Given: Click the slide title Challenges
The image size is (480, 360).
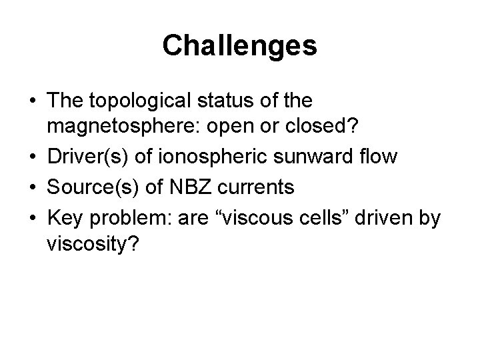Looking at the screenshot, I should (239, 45).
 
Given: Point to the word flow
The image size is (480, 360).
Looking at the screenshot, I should (378, 157).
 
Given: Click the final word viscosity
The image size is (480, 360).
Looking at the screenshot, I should (93, 245).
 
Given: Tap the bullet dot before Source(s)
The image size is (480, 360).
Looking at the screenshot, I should (32, 187).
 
